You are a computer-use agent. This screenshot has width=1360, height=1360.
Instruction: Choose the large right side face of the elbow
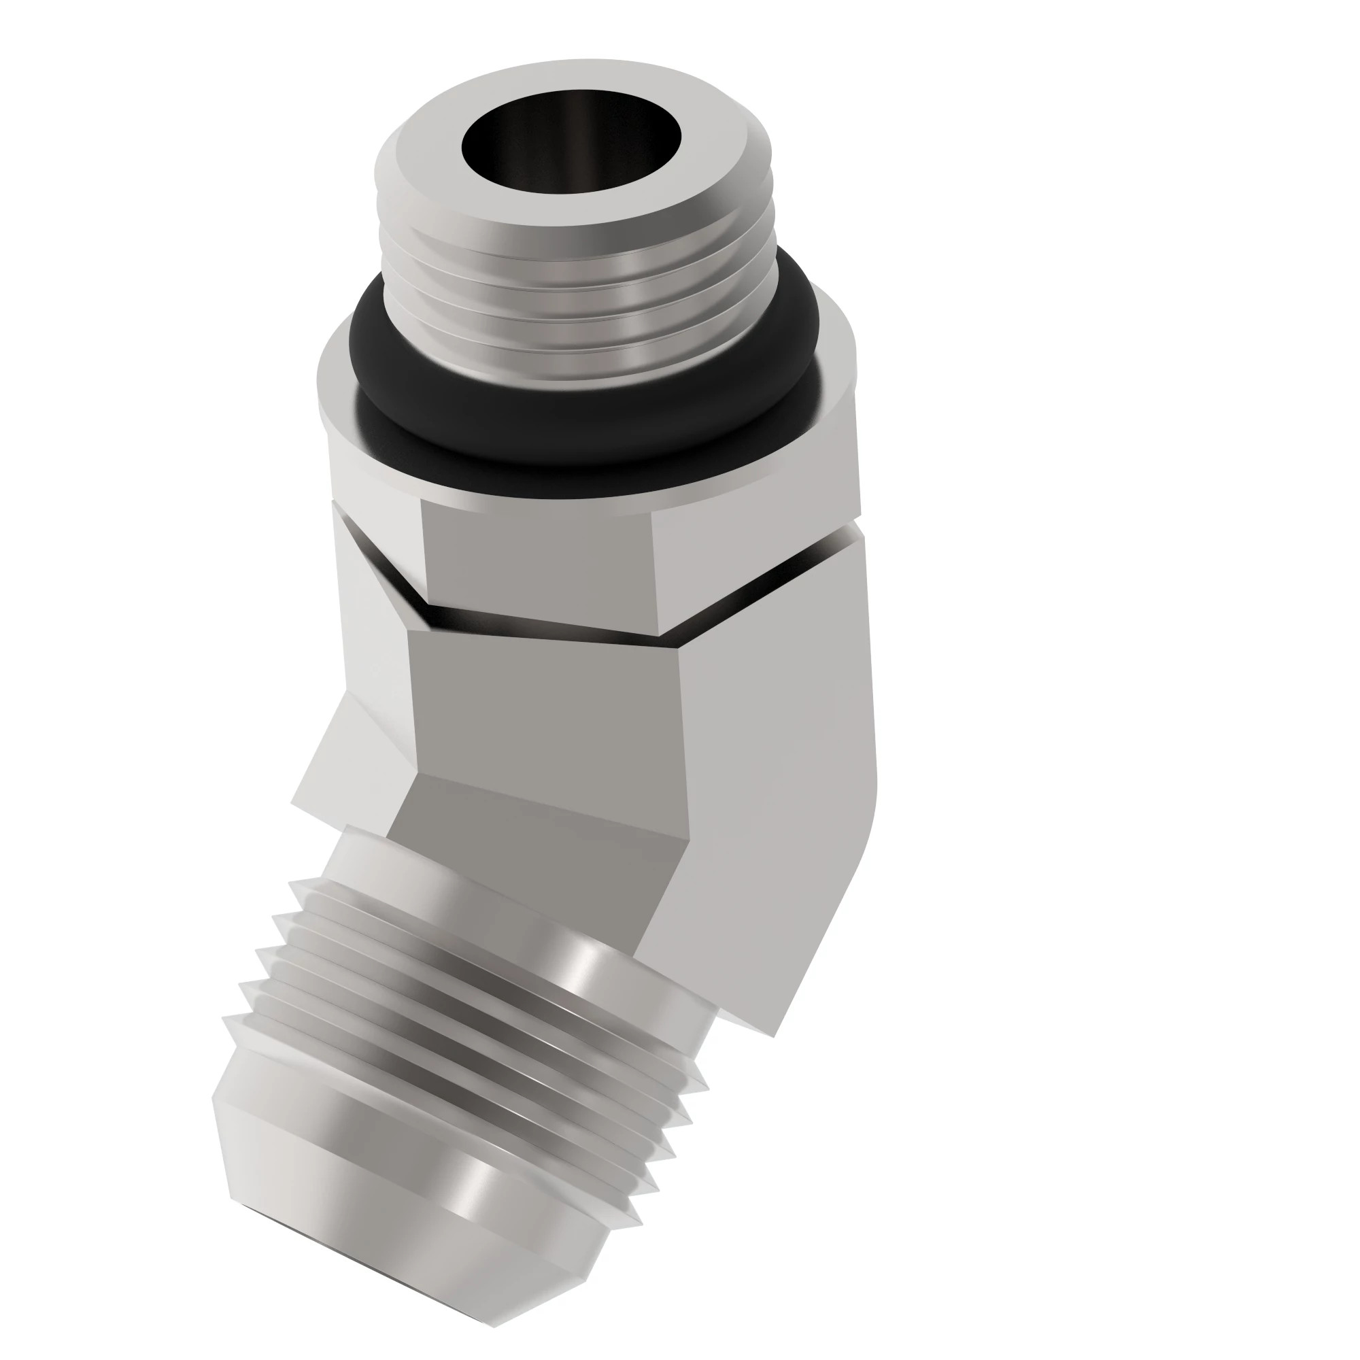point(775,775)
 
